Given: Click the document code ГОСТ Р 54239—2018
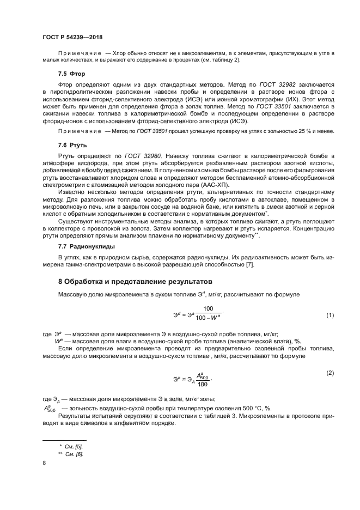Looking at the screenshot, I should pyautogui.click(x=72, y=37).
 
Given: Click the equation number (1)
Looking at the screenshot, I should pyautogui.click(x=330, y=315).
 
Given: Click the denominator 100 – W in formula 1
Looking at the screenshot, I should pyautogui.click(x=208, y=320).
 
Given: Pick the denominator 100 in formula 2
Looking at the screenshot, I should pyautogui.click(x=203, y=384).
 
